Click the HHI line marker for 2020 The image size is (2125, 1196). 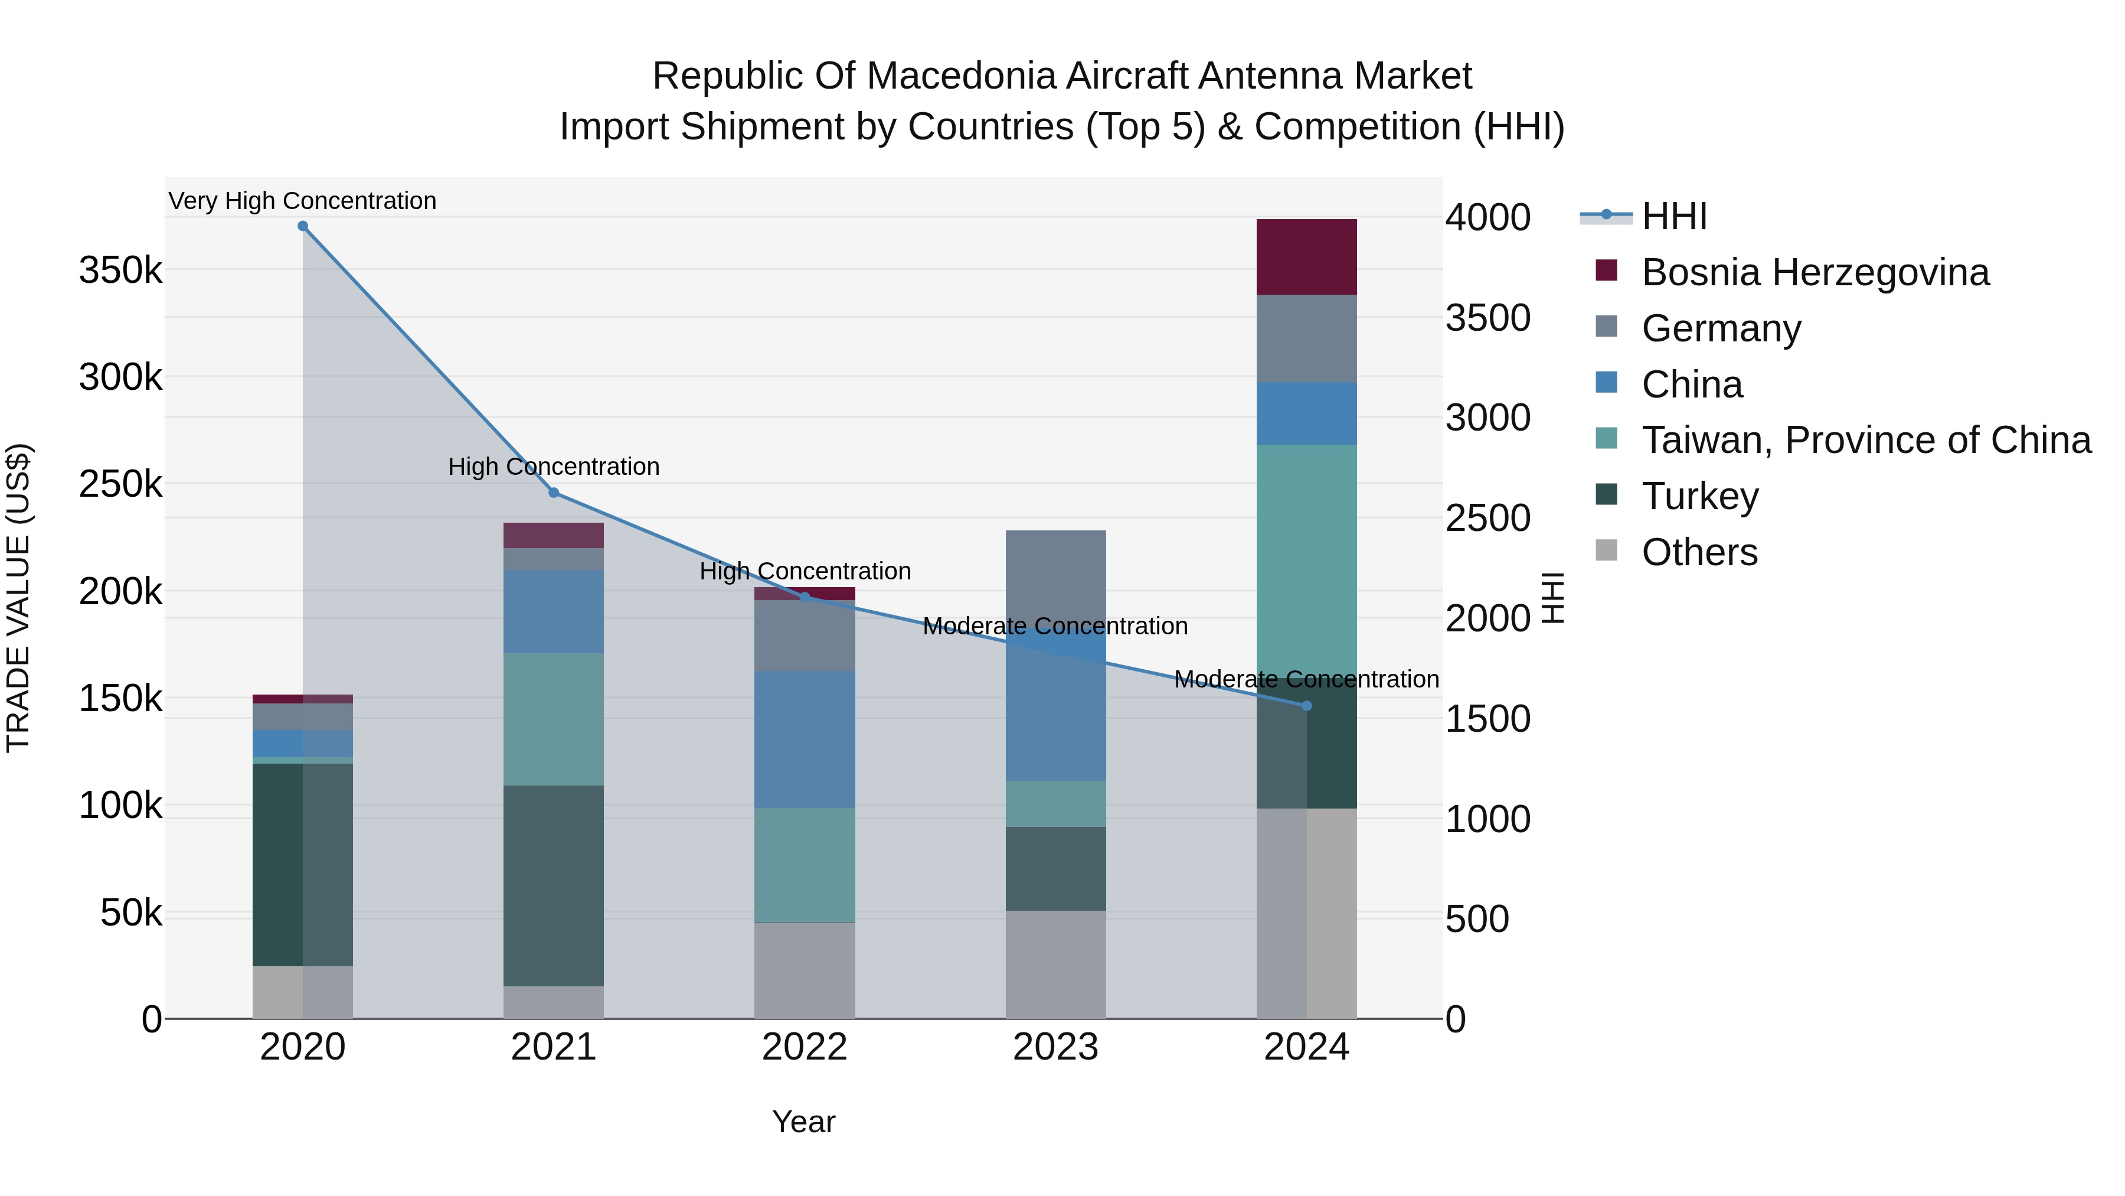point(303,226)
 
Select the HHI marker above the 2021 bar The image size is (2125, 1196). point(554,493)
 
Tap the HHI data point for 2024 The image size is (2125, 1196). point(1306,706)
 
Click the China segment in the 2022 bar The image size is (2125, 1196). point(805,739)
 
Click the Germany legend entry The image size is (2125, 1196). point(1721,328)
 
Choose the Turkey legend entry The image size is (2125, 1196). point(1699,496)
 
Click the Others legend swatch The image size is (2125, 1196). point(1606,550)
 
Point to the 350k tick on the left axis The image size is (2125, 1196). point(120,271)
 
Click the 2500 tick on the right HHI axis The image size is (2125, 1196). point(1487,519)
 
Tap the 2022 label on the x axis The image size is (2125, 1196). point(805,1047)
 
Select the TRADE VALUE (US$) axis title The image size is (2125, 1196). point(18,598)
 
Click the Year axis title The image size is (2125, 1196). point(803,1122)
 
